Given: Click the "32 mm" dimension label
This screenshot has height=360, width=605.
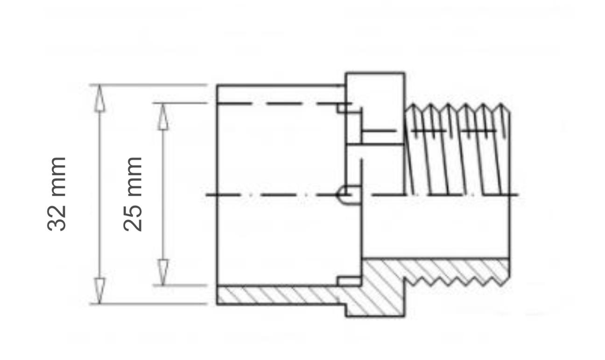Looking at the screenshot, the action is point(56,194).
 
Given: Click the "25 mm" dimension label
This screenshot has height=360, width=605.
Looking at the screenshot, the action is point(133,194).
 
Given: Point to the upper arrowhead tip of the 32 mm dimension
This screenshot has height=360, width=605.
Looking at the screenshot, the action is point(99,85).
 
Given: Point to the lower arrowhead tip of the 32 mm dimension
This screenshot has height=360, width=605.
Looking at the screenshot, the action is point(99,304).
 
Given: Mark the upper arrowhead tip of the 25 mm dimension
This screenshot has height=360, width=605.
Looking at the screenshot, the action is point(163,104).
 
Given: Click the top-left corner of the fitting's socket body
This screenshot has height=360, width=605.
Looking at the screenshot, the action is point(218,86).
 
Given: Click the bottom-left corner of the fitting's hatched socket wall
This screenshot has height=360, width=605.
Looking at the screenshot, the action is point(218,304).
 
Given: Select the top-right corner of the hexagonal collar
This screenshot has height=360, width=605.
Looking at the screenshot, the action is point(404,73).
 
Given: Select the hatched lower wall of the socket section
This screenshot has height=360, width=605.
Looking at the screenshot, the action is point(281,295).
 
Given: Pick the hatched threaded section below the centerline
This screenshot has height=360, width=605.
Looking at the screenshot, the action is point(436,273).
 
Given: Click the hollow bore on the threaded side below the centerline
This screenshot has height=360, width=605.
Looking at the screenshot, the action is point(436,227).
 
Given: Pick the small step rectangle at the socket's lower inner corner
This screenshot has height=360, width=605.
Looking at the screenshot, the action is point(349,281).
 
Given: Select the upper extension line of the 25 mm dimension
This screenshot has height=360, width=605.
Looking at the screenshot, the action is point(180,103).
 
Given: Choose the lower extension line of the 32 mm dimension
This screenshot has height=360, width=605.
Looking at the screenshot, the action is point(148,304).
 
